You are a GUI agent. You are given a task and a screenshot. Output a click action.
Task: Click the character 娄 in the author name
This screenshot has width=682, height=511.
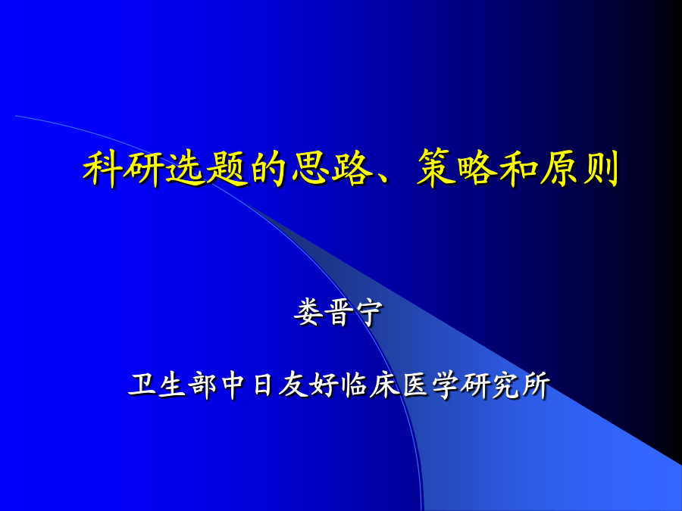pos(310,313)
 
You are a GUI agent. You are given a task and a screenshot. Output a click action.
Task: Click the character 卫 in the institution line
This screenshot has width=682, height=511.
pos(143,385)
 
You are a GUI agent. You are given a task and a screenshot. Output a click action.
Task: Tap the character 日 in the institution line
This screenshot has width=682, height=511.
pos(264,385)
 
